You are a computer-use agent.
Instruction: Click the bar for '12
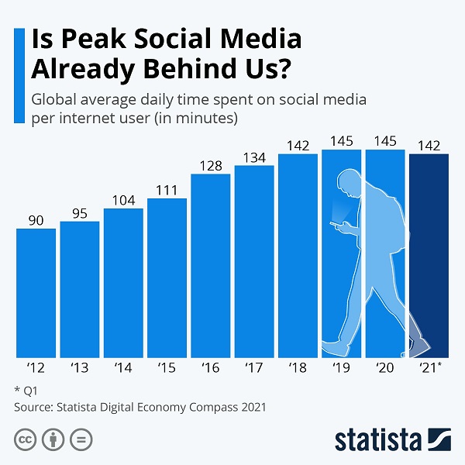36,291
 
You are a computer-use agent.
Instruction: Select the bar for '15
167,276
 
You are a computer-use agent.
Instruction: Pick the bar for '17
254,260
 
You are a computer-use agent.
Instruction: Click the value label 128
210,165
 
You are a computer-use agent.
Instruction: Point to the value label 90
36,220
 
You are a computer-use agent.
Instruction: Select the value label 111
167,191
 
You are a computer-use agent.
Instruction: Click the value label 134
254,157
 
